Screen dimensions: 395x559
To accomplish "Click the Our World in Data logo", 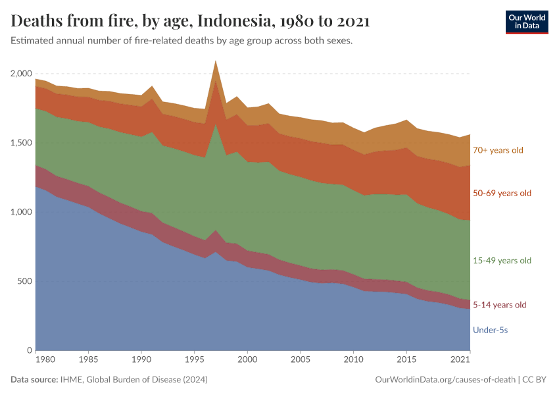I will [526, 22].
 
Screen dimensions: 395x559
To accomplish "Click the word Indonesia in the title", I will [238, 21].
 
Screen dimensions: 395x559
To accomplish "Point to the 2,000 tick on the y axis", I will [22, 74].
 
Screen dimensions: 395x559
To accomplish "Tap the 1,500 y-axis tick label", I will [22, 143].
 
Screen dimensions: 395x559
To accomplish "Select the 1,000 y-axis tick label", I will [22, 212].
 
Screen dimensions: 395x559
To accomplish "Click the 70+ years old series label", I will [497, 150].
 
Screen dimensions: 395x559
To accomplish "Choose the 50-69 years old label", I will [501, 194].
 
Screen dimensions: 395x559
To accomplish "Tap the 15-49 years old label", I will [501, 261].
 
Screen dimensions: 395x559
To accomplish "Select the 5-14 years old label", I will [499, 305].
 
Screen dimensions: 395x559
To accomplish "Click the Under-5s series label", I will [489, 330].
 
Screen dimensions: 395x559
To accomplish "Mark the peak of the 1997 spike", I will [216, 61].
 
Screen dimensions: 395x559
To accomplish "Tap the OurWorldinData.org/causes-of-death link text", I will [445, 380].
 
